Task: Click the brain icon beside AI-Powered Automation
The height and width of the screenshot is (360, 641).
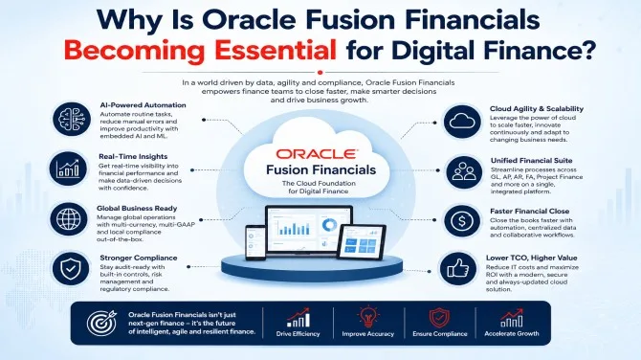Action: [x=72, y=119]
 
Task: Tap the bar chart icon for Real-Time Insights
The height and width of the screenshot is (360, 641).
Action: [x=68, y=169]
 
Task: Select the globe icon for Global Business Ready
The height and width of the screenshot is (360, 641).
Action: [x=69, y=219]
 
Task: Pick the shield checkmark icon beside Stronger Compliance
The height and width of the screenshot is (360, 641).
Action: [x=71, y=269]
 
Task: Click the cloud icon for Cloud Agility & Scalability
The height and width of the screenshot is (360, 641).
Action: [x=462, y=122]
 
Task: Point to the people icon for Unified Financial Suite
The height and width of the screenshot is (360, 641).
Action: [x=464, y=171]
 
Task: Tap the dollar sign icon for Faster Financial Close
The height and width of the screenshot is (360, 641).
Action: [x=462, y=221]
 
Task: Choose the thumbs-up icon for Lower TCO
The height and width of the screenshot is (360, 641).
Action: [x=458, y=269]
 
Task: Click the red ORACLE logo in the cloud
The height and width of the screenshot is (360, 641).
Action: [x=317, y=154]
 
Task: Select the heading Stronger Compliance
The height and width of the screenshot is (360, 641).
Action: [x=139, y=258]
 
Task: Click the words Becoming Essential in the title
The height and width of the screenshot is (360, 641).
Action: [x=200, y=51]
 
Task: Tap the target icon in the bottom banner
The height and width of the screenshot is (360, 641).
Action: [x=101, y=323]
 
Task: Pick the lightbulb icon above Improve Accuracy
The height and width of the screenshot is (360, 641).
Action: [x=368, y=316]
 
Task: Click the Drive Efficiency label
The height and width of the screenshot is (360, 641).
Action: [x=298, y=334]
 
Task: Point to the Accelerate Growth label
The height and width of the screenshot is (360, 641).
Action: [x=512, y=333]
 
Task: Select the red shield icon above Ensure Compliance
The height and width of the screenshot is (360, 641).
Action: [x=439, y=318]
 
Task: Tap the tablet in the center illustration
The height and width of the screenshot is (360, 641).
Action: [x=362, y=242]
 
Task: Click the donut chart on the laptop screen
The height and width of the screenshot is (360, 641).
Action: [x=329, y=225]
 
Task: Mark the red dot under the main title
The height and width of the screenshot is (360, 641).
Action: [x=320, y=73]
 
